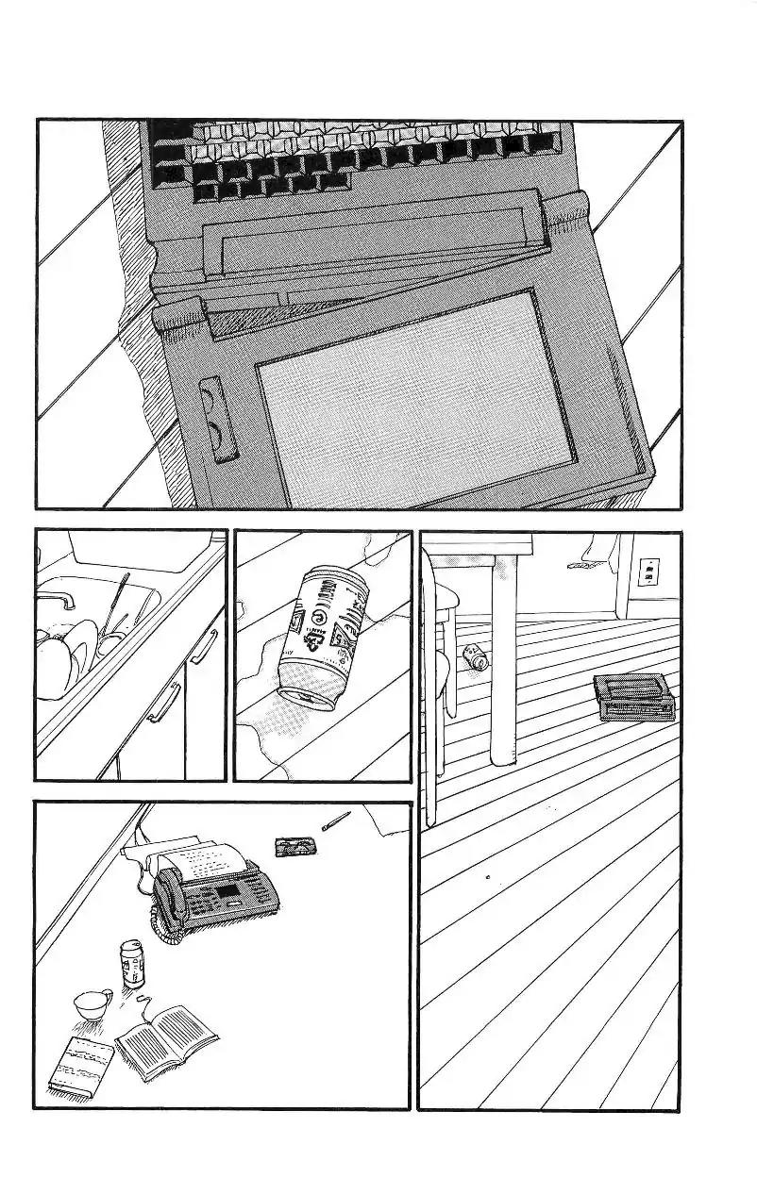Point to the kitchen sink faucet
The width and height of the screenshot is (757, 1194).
(x=57, y=598)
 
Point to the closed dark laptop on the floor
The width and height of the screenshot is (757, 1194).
(x=634, y=698)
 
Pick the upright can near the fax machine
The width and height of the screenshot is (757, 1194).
(x=130, y=963)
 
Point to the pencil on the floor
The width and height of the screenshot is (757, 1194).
(x=335, y=821)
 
